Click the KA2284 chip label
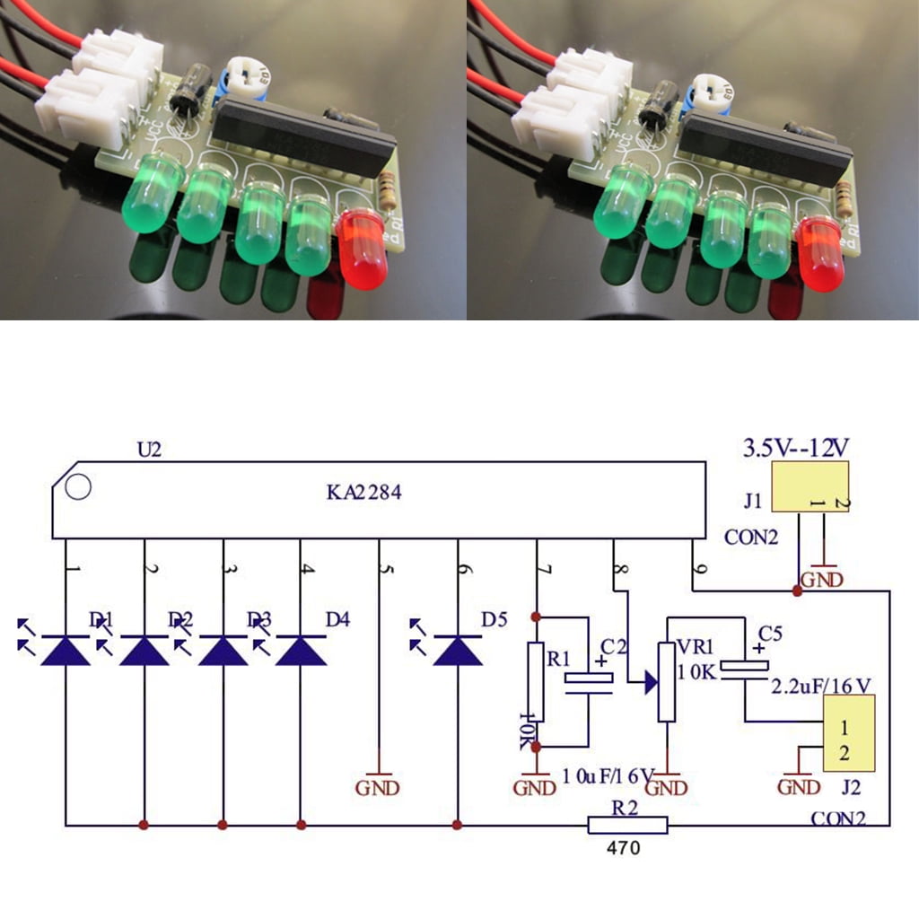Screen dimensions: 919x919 click(x=363, y=492)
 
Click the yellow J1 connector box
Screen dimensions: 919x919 click(x=810, y=488)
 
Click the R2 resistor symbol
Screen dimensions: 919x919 click(x=627, y=825)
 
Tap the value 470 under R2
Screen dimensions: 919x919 click(x=624, y=848)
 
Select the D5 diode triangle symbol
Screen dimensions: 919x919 click(x=458, y=650)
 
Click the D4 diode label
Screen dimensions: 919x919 click(x=337, y=618)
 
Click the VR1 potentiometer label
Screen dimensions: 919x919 click(x=696, y=646)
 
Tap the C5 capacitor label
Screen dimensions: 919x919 click(x=770, y=633)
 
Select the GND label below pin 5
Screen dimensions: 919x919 click(x=378, y=788)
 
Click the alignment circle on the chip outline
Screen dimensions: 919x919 click(x=79, y=487)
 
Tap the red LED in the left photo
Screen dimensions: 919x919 click(x=363, y=249)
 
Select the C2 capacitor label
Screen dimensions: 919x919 click(x=613, y=645)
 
